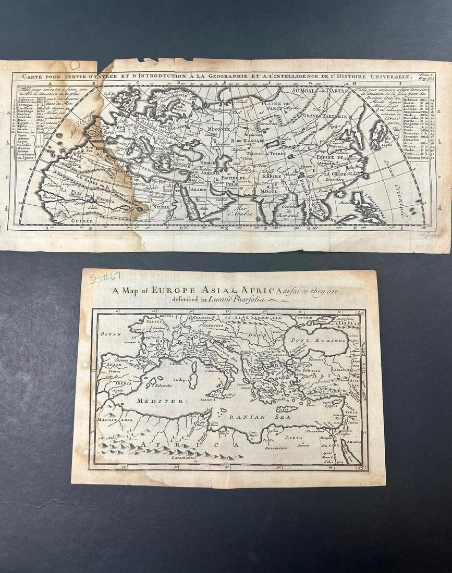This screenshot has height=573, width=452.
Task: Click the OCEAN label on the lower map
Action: pos(111,333)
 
